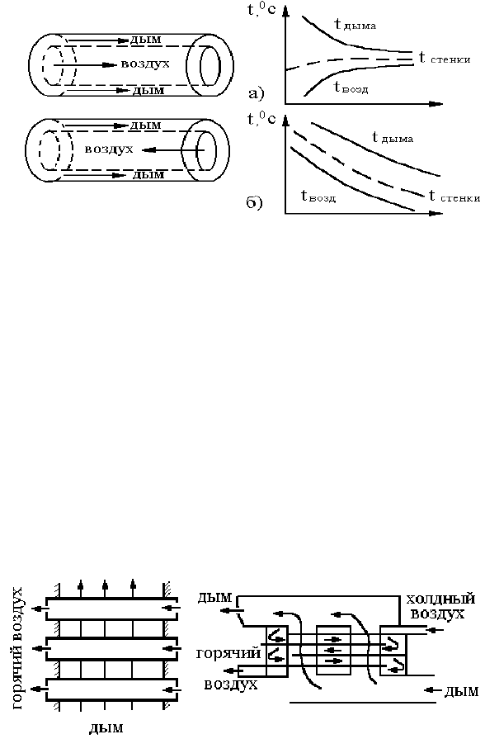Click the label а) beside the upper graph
click(x=257, y=93)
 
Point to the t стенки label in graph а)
click(x=445, y=58)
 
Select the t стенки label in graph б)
click(x=454, y=197)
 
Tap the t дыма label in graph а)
click(x=355, y=24)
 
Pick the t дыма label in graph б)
click(x=393, y=137)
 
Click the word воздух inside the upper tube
click(x=145, y=63)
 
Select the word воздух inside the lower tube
click(x=109, y=149)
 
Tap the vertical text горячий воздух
click(x=19, y=648)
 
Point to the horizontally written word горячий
click(x=228, y=654)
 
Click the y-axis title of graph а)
click(x=261, y=9)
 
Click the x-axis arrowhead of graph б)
click(x=436, y=214)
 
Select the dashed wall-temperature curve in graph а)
click(x=349, y=61)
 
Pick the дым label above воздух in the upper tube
click(x=145, y=40)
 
